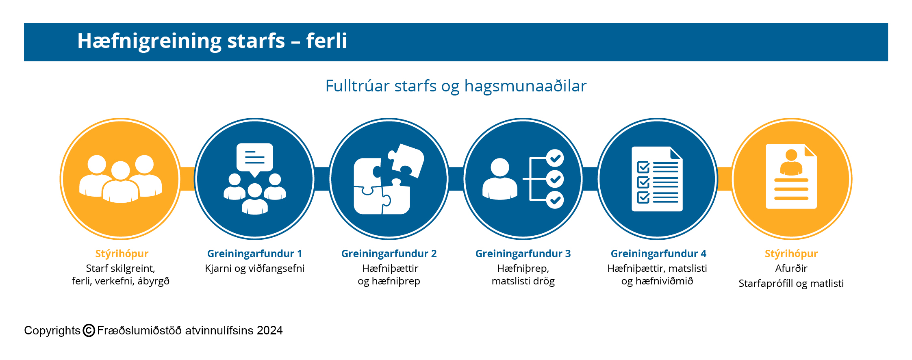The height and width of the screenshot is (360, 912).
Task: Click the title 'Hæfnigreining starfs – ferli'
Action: [x=212, y=41]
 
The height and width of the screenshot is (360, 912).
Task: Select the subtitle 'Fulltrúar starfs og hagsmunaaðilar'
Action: [x=456, y=86]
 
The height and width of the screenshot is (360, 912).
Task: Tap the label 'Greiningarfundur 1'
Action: [x=255, y=254]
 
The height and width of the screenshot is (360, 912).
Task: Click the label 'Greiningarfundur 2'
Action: [x=389, y=254]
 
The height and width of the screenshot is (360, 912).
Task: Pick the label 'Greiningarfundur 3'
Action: [x=523, y=254]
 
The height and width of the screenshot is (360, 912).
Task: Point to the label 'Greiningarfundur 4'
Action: [x=658, y=254]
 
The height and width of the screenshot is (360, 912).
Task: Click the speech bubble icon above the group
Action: [x=255, y=159]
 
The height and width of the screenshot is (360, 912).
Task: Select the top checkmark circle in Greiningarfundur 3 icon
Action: [x=555, y=158]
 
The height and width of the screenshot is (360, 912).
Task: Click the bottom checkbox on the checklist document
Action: [x=643, y=197]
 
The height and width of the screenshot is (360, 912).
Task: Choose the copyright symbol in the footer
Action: [x=89, y=331]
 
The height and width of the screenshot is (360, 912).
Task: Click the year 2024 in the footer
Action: [x=270, y=331]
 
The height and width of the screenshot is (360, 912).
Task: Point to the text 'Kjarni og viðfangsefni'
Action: [x=255, y=269]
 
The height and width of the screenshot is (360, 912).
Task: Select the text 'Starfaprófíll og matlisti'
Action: [x=791, y=283]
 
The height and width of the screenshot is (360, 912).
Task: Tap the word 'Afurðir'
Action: [x=791, y=268]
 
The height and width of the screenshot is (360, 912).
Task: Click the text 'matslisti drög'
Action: [x=523, y=281]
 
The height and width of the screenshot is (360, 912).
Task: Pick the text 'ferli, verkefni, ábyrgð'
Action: [x=121, y=281]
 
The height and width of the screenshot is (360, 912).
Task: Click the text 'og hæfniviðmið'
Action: [x=657, y=281]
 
